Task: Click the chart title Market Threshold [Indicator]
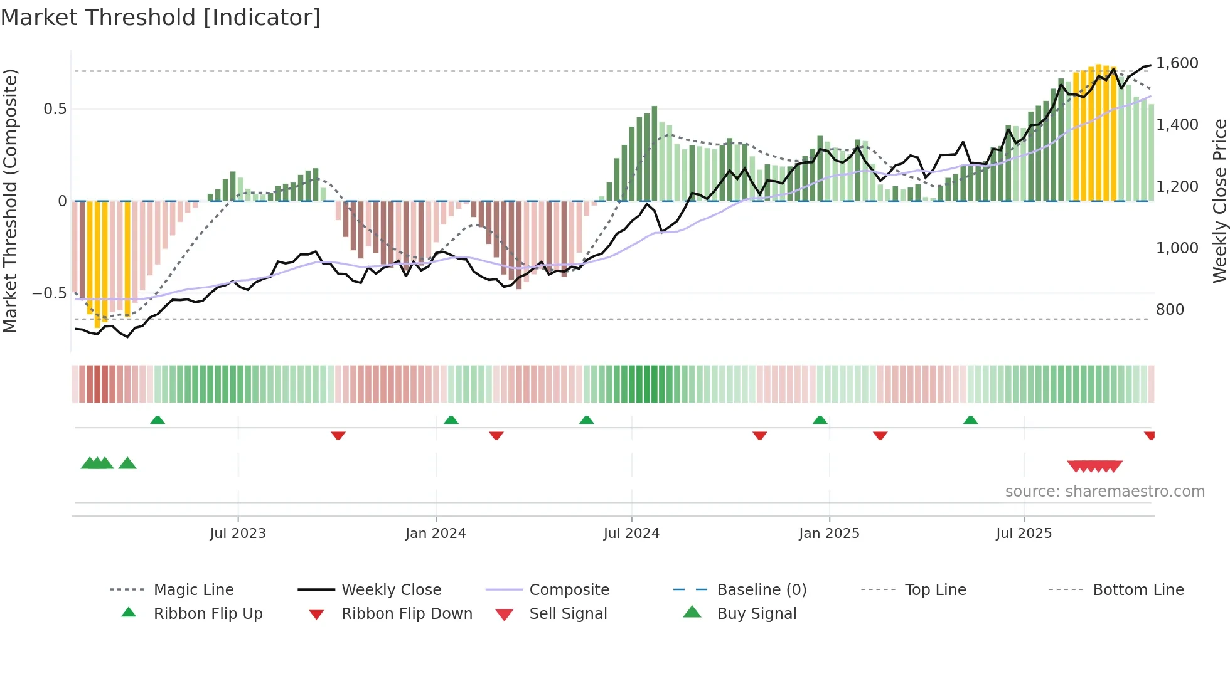[x=161, y=18]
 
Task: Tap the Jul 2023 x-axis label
[x=238, y=534]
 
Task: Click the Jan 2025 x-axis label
[x=829, y=534]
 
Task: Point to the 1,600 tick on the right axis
[x=1177, y=63]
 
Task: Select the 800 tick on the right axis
[x=1170, y=310]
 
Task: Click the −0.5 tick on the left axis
[x=49, y=293]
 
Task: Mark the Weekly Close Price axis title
[x=1219, y=201]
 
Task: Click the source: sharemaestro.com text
[x=1104, y=492]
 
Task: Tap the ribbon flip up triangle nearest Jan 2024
[x=451, y=420]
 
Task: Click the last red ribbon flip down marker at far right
[x=1150, y=435]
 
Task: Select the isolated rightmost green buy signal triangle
[x=127, y=463]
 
